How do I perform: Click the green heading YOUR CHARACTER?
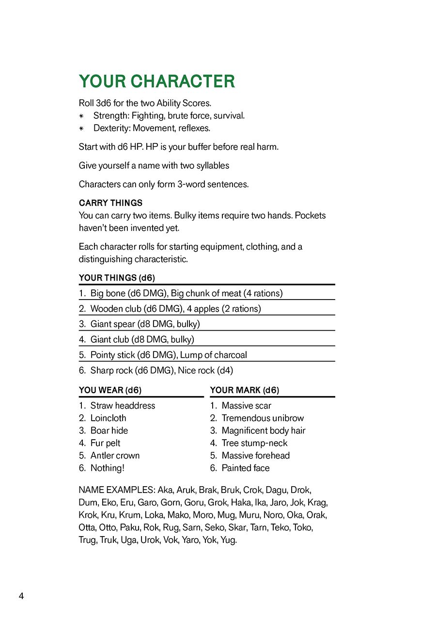click(156, 81)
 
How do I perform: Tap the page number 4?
click(21, 596)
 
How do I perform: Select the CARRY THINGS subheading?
click(110, 203)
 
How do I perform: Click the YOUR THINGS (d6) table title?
click(117, 278)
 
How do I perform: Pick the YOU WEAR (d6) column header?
click(110, 390)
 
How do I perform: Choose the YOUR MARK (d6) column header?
click(244, 390)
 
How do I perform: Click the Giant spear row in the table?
click(145, 324)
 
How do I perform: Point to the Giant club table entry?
click(142, 339)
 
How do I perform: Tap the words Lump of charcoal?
click(213, 355)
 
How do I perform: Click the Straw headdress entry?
click(123, 406)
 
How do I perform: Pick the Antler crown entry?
click(115, 456)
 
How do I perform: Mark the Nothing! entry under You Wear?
click(107, 468)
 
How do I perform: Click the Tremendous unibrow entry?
click(263, 418)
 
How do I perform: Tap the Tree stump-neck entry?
click(254, 443)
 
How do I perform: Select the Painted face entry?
click(246, 468)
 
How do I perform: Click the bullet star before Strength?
click(82, 116)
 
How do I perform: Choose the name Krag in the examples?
click(317, 503)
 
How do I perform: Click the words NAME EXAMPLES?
click(116, 490)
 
